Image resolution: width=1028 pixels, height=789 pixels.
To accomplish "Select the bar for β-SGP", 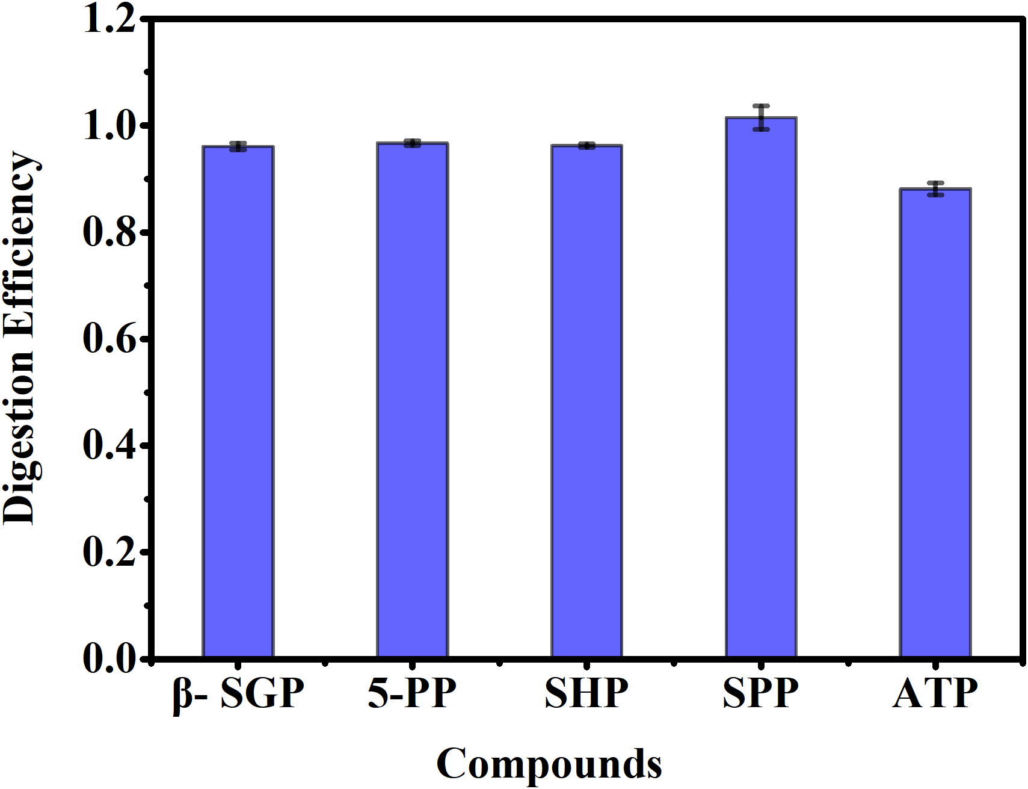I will (238, 401).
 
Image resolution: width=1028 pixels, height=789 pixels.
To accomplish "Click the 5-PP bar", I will (413, 400).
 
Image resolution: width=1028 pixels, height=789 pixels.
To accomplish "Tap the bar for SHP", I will (586, 401).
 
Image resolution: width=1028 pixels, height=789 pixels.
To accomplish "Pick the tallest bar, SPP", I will (761, 386).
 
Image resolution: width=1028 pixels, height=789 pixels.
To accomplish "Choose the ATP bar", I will (935, 422).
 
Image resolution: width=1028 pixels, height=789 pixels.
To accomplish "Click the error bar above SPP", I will (761, 117).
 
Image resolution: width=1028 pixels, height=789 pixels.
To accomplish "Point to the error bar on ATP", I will (935, 188).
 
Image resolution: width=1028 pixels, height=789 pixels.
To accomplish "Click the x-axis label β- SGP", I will (238, 693).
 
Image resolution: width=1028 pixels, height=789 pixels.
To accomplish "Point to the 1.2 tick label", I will (108, 19).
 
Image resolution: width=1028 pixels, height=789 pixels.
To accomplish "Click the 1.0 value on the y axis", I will (108, 126).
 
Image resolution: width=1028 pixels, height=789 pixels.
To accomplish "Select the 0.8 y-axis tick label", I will (108, 232).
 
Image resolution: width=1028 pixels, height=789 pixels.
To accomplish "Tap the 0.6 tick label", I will (108, 339).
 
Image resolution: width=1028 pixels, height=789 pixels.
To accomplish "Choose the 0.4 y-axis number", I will (108, 445).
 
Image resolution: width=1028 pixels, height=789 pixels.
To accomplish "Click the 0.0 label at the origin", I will (108, 658).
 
